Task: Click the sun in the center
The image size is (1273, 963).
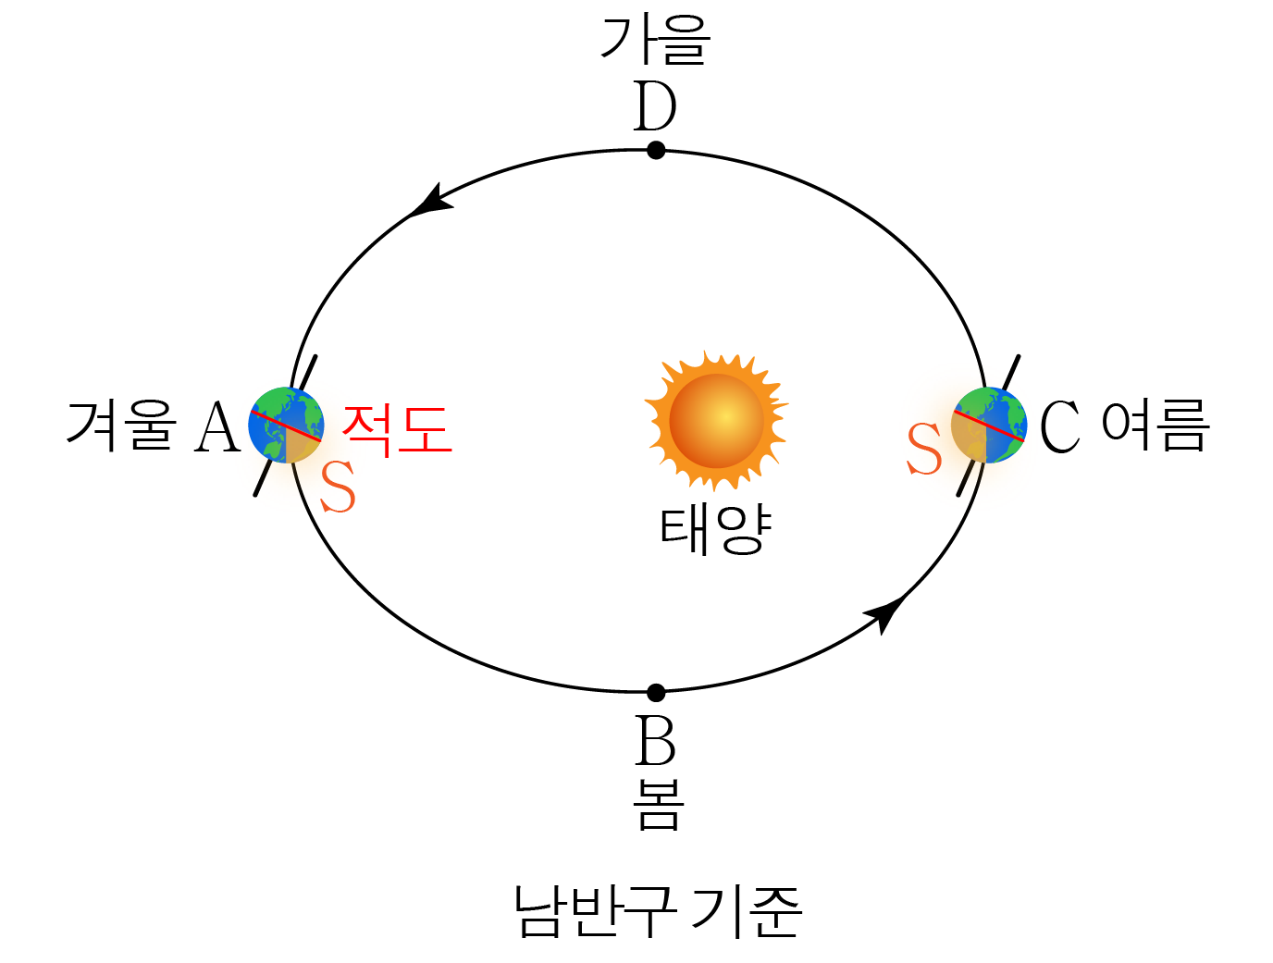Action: (x=717, y=421)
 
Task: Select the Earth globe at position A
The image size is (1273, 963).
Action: (x=286, y=426)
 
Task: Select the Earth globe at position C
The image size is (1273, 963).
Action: (x=989, y=426)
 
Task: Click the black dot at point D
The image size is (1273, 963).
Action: (x=656, y=150)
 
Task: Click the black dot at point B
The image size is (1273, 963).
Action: (x=656, y=692)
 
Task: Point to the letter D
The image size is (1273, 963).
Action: (x=655, y=107)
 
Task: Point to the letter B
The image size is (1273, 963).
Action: (x=656, y=741)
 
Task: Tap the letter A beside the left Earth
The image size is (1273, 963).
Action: (x=217, y=427)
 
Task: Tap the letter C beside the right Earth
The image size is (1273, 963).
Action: (x=1060, y=426)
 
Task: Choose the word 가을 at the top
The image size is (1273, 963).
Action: (x=655, y=41)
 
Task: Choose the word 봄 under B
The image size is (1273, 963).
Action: (x=658, y=804)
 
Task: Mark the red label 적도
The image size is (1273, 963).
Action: (x=397, y=429)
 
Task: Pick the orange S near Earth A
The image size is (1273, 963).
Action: (x=338, y=488)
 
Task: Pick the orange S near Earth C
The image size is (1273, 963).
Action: (x=924, y=450)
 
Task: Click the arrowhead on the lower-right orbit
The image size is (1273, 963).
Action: (x=885, y=612)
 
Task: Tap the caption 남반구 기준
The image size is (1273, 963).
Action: (x=658, y=911)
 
